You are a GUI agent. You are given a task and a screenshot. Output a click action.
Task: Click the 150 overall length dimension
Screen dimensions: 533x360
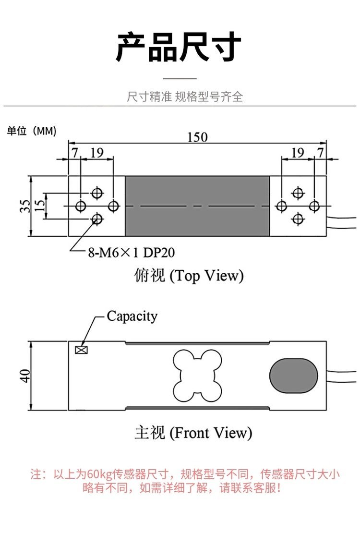click(x=197, y=137)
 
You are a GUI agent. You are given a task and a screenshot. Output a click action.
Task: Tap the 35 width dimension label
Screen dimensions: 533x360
click(x=24, y=206)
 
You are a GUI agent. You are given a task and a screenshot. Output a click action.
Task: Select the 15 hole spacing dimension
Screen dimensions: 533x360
click(x=40, y=206)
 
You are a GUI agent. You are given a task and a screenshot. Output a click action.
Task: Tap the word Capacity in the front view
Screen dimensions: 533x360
click(x=132, y=316)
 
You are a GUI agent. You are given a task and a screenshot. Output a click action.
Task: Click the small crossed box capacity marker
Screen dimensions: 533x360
click(x=81, y=350)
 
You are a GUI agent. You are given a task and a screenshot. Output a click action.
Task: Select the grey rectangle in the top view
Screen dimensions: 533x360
click(x=197, y=206)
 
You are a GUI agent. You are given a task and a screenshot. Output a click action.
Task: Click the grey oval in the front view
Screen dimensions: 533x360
click(x=294, y=375)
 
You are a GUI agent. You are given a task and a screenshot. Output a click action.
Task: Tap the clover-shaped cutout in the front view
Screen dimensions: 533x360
click(x=197, y=375)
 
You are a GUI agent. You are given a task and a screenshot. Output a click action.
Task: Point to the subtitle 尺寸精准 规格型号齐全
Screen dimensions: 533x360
click(x=185, y=97)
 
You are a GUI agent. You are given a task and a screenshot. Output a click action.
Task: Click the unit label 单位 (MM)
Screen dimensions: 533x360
click(x=31, y=131)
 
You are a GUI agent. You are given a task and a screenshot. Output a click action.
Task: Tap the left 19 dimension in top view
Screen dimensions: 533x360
click(x=96, y=152)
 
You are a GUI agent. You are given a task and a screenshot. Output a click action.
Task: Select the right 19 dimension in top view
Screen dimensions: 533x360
click(x=298, y=152)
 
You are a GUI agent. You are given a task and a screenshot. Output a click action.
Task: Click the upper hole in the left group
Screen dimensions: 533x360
click(x=97, y=193)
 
